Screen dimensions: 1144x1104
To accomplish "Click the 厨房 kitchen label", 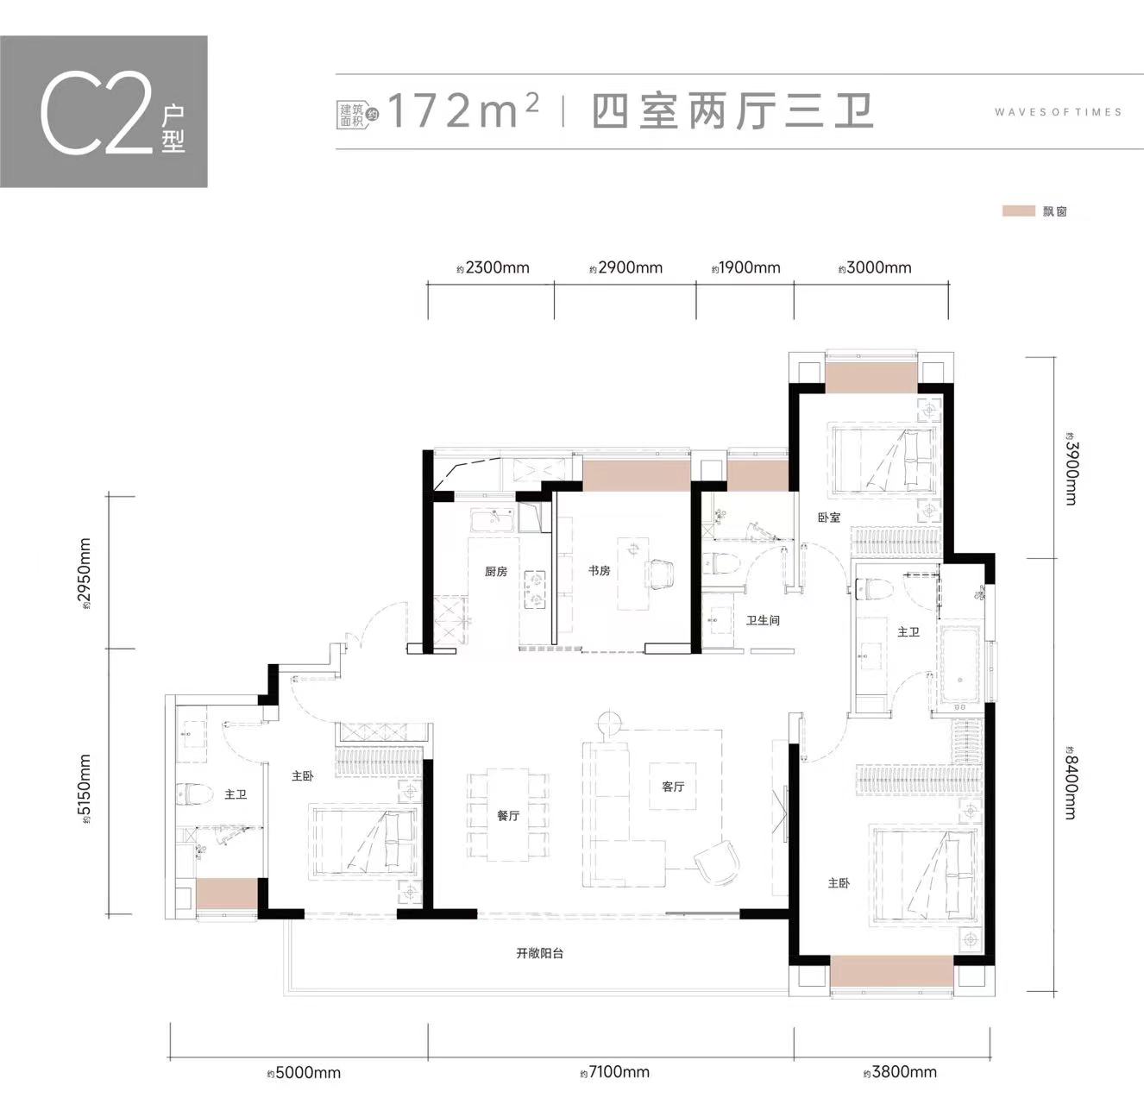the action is point(495,571).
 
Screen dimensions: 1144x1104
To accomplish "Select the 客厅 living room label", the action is point(673,786).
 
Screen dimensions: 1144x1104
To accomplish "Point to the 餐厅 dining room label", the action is point(508,815).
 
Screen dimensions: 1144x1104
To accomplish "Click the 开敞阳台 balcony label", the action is point(540,953).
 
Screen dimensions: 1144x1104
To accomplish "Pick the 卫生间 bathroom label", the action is point(763,619).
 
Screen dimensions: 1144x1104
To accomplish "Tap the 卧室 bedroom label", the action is point(829,517).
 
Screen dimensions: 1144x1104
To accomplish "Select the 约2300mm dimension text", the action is point(493,268).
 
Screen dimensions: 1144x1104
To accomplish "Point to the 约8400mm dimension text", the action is point(1070,783).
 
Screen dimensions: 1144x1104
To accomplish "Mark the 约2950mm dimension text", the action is point(85,572).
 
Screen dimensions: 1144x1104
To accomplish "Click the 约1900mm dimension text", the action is point(746,268).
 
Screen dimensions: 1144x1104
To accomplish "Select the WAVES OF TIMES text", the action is point(1059,111).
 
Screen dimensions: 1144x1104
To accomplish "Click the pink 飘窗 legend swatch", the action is point(1018,211).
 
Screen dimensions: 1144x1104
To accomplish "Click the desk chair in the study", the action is point(660,574).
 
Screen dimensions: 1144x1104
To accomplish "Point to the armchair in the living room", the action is point(717,863).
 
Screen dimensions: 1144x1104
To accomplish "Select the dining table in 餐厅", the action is point(508,814).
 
